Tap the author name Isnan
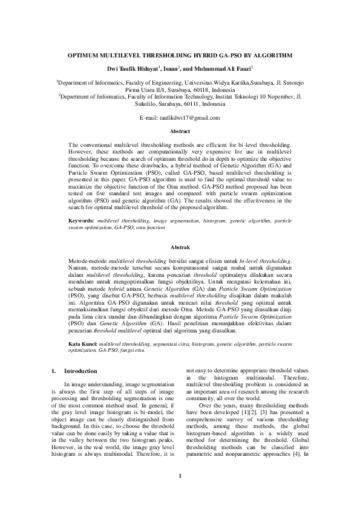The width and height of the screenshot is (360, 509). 171,70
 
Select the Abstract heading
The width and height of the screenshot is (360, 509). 180,131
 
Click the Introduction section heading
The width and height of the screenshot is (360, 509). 80,371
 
